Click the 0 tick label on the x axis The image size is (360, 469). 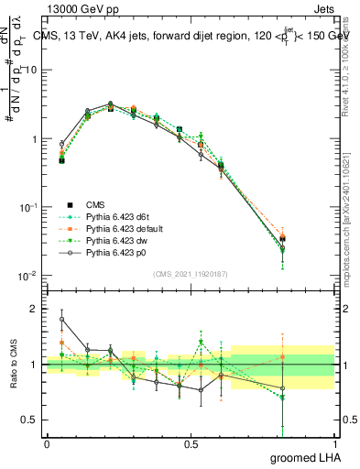point(47,443)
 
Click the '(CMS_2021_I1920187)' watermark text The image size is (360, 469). point(190,273)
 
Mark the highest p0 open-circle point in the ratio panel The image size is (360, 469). point(61,320)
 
